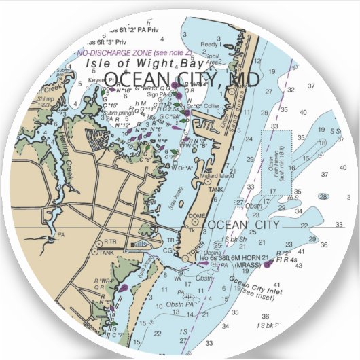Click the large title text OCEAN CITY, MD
(182, 79)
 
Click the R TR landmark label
(109, 242)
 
